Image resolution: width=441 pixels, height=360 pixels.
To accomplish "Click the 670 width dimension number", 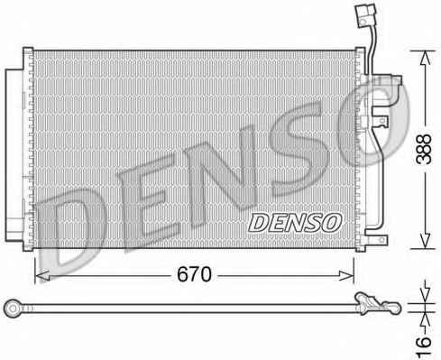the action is pos(194,274).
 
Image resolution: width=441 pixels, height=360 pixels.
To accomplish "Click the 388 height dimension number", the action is pos(423,149).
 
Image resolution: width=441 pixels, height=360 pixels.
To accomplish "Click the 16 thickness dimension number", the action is pos(424,346).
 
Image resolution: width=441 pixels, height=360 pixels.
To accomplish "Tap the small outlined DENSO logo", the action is pos(295,223).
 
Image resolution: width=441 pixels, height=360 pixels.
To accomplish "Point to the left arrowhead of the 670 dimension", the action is pos(42,275).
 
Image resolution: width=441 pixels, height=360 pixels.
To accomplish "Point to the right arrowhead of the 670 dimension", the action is pos(346,275).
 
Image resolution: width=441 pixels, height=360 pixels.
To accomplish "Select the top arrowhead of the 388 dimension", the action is pos(425,58).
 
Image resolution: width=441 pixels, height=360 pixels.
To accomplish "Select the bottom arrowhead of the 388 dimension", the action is pos(425,242).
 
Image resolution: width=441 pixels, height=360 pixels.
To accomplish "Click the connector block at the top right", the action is pos(365,15).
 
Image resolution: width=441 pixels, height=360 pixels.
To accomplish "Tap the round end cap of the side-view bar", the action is pos(13,309).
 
